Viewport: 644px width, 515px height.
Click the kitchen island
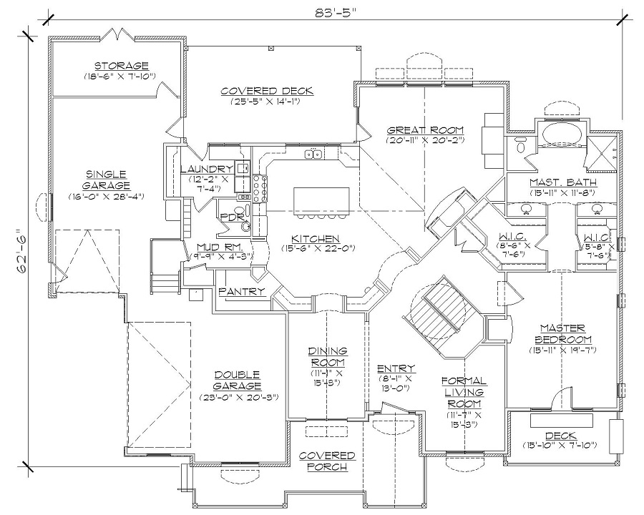(x=321, y=201)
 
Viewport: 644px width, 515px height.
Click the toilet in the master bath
(x=520, y=146)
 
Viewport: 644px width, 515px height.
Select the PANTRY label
(x=242, y=291)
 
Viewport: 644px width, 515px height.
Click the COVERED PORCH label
(x=327, y=461)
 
